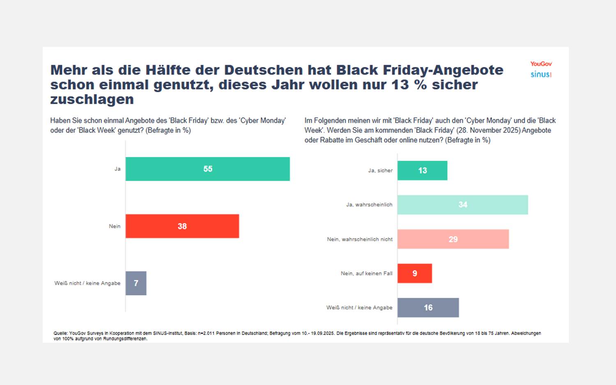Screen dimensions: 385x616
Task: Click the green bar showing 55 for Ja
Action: coord(207,169)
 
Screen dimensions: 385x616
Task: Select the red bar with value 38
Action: coord(182,226)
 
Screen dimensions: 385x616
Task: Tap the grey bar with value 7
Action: coord(136,283)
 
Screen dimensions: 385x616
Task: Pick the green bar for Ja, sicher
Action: coord(422,171)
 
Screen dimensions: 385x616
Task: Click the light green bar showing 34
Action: coord(462,205)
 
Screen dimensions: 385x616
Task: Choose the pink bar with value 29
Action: coord(453,239)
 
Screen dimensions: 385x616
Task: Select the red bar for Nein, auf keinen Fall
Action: coord(414,273)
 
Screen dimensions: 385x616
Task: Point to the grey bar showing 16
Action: coord(428,307)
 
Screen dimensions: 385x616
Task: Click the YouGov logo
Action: coord(541,64)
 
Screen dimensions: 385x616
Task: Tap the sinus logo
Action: coord(541,74)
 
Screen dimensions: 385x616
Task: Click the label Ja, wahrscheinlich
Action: coord(369,205)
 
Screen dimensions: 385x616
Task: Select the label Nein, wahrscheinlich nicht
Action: coord(359,239)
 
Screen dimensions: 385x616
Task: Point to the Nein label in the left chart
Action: coord(115,226)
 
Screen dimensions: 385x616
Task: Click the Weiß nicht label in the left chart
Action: coord(87,283)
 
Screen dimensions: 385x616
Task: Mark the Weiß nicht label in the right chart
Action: coord(359,307)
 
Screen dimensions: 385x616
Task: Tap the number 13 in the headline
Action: coord(400,85)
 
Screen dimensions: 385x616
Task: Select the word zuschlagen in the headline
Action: coord(92,99)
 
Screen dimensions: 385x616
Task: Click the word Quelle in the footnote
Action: coord(60,333)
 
